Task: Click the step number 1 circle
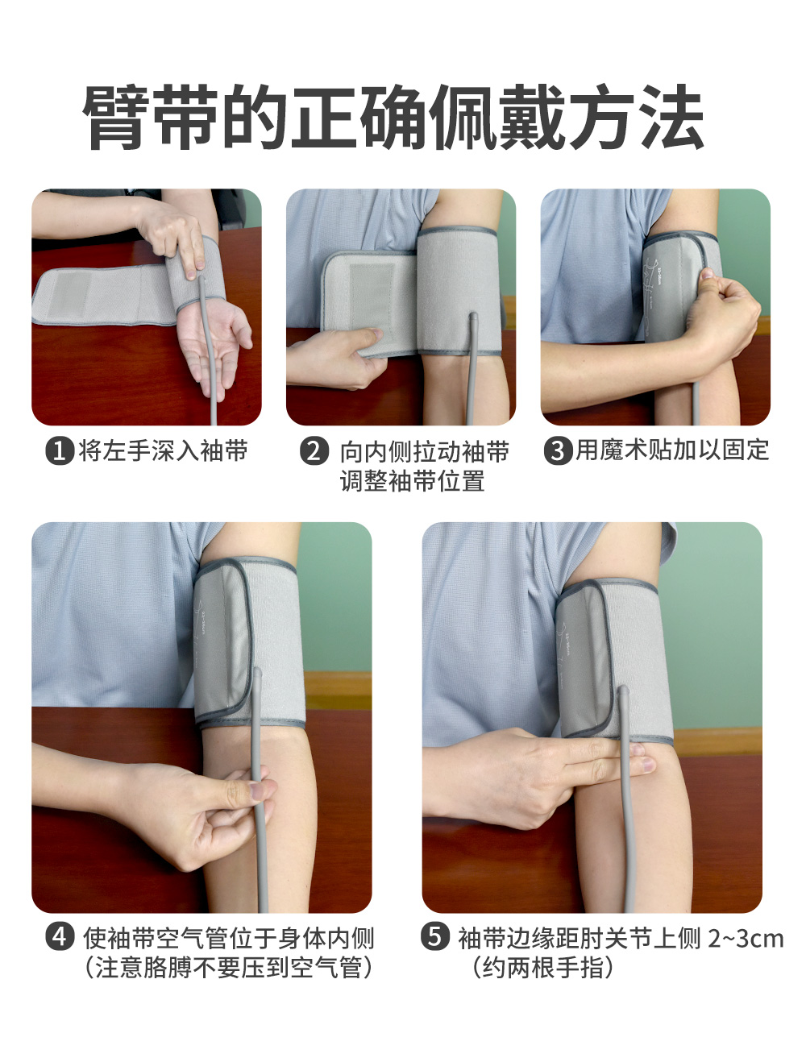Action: click(60, 451)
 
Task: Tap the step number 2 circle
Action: click(314, 451)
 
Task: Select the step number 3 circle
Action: click(559, 451)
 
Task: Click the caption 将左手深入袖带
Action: click(163, 451)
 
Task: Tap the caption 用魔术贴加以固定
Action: click(672, 450)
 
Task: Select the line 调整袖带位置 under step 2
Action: click(412, 481)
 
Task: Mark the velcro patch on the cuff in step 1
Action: click(69, 294)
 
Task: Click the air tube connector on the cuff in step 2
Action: click(473, 319)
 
